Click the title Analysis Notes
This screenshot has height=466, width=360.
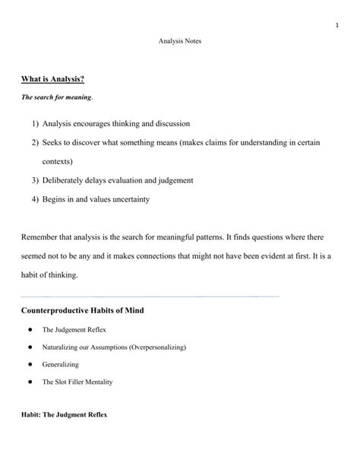179,40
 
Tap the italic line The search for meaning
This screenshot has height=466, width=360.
49,97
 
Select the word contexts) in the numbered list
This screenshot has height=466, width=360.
58,161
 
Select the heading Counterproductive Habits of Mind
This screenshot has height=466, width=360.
82,312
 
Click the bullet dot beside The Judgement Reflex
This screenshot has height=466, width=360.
28,330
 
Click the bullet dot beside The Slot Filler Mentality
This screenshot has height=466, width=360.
28,382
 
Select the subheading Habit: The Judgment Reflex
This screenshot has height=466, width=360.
65,416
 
